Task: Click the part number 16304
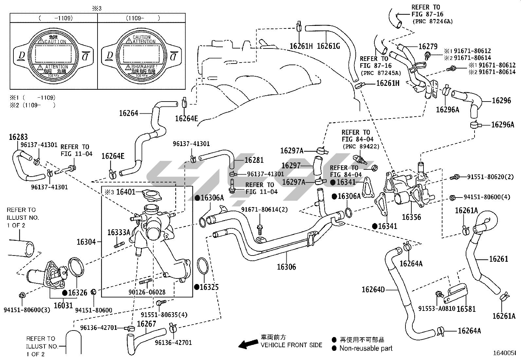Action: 86,242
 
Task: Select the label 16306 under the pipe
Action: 286,267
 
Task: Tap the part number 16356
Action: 411,217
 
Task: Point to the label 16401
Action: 126,192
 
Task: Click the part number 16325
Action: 209,287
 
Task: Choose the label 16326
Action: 78,293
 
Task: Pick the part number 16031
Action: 63,305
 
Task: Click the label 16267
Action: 146,324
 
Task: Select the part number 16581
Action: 466,309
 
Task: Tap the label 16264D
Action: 373,290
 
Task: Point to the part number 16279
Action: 428,47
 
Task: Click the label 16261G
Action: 329,46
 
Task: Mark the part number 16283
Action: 18,137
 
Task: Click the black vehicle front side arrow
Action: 248,344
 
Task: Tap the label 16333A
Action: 119,233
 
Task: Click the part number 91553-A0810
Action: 437,309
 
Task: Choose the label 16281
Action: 254,160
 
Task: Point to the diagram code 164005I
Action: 504,353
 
